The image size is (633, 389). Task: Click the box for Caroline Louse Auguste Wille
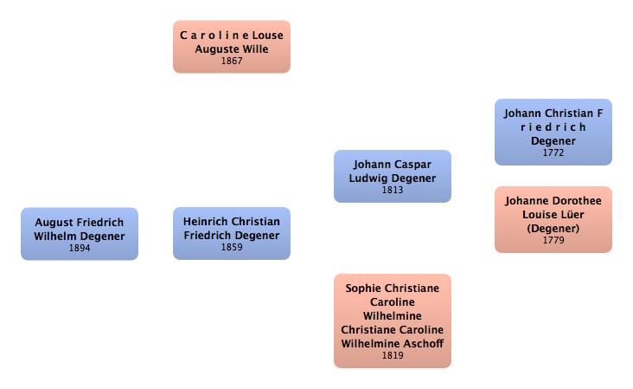click(x=232, y=47)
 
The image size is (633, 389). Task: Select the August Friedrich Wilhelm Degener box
click(x=80, y=234)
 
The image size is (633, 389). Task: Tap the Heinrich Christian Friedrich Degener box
click(x=232, y=234)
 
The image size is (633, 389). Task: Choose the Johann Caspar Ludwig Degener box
click(x=393, y=176)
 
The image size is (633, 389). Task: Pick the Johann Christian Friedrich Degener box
click(x=553, y=132)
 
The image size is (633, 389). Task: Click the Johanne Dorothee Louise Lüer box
click(x=553, y=219)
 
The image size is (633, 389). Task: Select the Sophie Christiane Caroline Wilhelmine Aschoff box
click(x=393, y=321)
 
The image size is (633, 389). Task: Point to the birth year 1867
click(x=232, y=62)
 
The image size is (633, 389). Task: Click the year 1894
click(x=80, y=248)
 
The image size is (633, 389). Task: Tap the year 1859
click(x=232, y=248)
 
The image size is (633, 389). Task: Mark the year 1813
click(x=393, y=190)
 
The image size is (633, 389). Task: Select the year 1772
click(x=553, y=152)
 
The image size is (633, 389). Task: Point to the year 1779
click(x=553, y=240)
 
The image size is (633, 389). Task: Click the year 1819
click(x=393, y=355)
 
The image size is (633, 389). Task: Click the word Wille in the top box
click(x=255, y=49)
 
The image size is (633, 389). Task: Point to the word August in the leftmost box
click(x=53, y=223)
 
